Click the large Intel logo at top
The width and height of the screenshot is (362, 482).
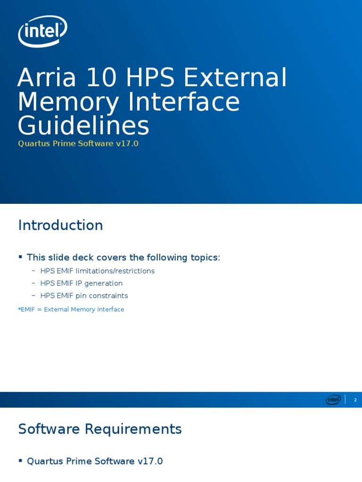point(42,31)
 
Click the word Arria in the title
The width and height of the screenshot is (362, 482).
point(47,78)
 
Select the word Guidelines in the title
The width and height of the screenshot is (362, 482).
point(83,126)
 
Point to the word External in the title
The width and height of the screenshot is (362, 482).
point(235,78)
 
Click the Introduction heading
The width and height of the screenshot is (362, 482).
point(60,225)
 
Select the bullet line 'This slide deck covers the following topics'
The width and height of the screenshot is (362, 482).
point(123,257)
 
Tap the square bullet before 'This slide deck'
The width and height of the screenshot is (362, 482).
point(20,257)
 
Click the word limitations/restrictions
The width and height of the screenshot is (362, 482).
point(115,271)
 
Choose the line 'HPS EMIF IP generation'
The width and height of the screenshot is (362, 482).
point(81,283)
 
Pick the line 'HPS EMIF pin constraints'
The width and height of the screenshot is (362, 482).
point(84,296)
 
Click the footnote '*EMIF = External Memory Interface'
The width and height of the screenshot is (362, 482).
point(71,309)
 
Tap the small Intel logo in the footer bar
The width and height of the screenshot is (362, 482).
point(333,400)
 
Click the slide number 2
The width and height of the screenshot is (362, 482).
point(355,400)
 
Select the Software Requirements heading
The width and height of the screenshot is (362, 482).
point(99,429)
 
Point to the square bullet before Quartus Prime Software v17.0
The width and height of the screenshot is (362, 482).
point(20,460)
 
